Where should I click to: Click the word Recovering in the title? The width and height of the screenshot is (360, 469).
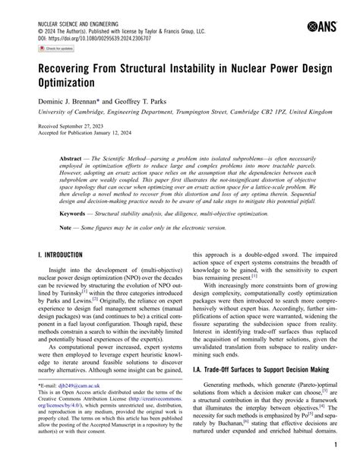click(x=71, y=68)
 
